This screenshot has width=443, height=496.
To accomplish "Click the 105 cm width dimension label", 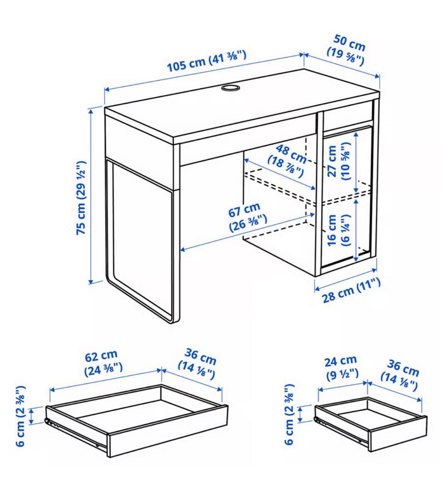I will click(206, 61).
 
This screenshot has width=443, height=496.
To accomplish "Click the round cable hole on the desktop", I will click(230, 87).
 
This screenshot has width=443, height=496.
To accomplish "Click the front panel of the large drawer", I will click(168, 430).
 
